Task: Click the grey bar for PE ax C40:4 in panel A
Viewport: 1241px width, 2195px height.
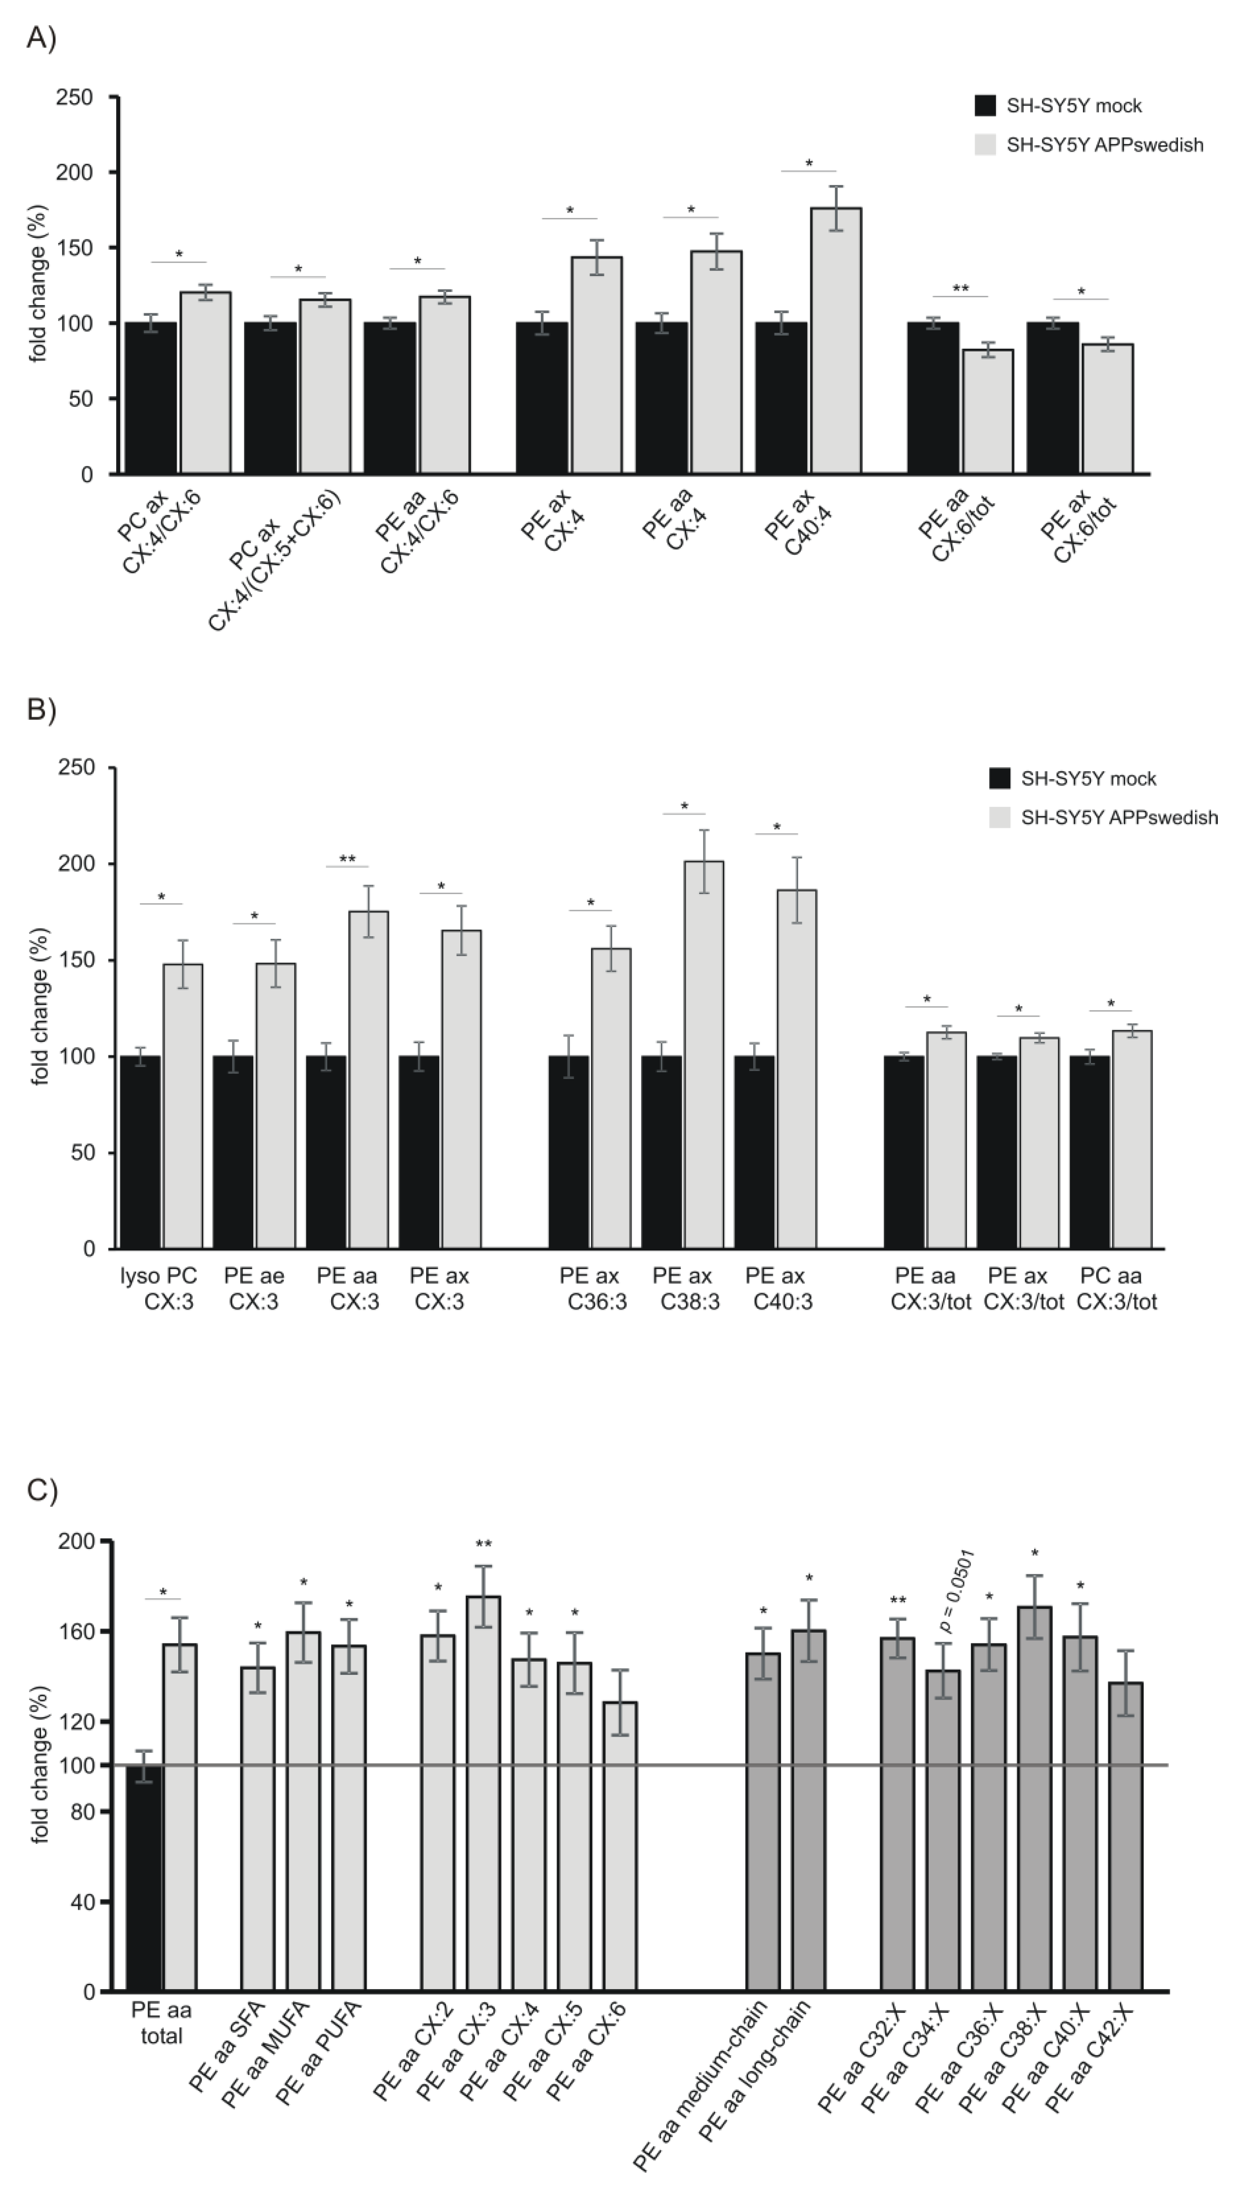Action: point(835,341)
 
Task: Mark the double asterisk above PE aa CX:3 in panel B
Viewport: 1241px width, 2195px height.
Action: point(347,859)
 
